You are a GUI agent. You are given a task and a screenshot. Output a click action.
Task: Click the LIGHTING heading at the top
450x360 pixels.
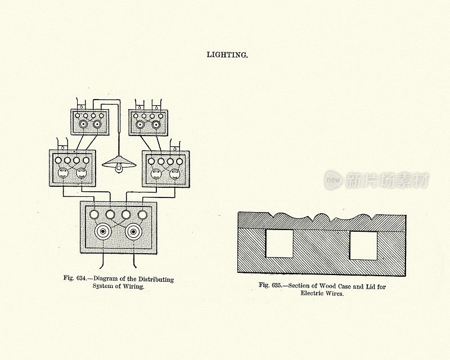227,55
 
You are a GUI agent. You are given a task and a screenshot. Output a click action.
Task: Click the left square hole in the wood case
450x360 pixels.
278,244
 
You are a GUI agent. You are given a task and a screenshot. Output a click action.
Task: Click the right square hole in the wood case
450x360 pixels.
363,245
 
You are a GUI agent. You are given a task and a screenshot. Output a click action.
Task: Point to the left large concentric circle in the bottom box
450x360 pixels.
103,231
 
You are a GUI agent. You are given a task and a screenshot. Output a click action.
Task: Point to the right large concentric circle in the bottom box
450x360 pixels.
135,231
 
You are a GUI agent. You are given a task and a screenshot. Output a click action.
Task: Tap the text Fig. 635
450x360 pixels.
270,285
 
